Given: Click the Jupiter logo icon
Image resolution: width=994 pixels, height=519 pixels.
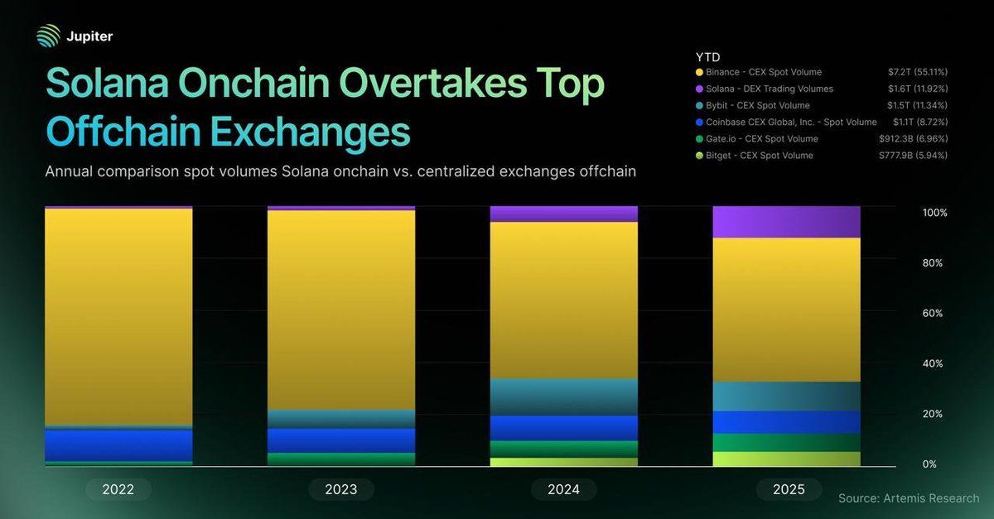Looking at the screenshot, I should click(49, 36).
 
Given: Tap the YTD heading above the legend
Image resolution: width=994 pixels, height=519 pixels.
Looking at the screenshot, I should click(707, 56).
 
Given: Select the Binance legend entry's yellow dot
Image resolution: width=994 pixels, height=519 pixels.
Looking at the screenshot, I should click(701, 73).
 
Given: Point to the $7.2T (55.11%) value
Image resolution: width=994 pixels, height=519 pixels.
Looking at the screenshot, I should click(918, 73).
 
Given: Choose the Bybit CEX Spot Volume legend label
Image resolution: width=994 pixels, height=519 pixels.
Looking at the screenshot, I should click(759, 106).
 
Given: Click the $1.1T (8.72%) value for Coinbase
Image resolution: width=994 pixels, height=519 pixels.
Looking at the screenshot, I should click(920, 123).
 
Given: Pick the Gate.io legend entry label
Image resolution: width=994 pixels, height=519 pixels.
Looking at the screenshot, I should click(762, 139).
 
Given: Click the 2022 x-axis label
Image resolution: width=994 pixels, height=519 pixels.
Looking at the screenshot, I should click(118, 489).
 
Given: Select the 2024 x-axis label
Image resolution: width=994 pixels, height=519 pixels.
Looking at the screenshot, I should click(563, 489).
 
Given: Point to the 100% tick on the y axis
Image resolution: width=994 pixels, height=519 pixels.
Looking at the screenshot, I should click(934, 213).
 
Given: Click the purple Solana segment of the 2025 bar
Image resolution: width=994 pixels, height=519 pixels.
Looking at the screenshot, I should click(786, 222).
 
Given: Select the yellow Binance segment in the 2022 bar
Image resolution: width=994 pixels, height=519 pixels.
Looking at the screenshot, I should click(118, 315).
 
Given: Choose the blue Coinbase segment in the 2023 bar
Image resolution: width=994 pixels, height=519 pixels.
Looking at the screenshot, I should click(340, 440).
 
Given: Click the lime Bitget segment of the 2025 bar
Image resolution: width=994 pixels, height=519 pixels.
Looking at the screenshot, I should click(786, 459).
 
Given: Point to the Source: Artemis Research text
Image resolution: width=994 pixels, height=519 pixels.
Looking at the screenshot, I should click(908, 498).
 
